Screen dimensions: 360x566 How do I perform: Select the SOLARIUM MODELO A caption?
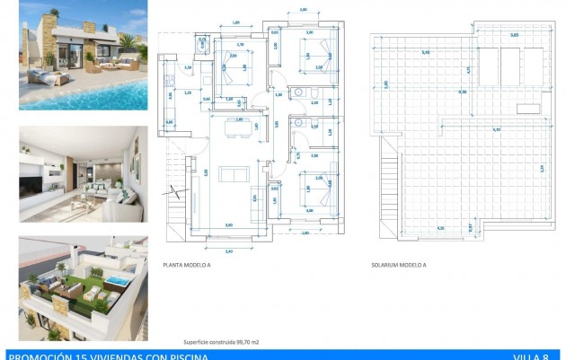point(398,265)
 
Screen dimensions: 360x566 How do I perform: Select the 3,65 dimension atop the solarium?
point(514,36)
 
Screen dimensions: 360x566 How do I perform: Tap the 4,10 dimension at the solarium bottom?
point(440,229)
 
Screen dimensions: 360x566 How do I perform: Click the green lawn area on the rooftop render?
point(67,292)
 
